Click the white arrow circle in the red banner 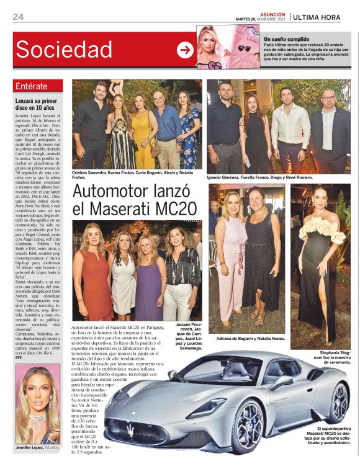click(185, 50)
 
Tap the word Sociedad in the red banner click(63, 50)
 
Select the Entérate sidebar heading click(35, 86)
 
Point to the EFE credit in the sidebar click(19, 357)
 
